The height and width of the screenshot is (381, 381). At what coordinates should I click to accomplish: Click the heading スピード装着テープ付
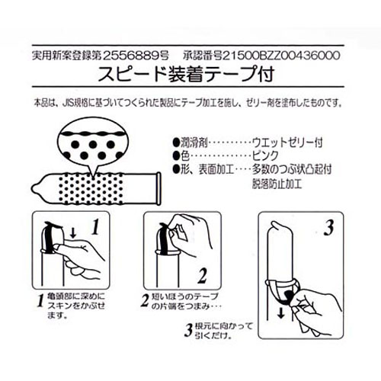(186, 74)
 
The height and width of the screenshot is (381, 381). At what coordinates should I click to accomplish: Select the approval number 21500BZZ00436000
(281, 56)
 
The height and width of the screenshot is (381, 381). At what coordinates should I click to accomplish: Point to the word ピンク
(265, 155)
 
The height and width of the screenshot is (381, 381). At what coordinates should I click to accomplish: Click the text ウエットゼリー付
(287, 142)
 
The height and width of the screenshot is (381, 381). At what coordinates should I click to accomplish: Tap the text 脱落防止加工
(277, 184)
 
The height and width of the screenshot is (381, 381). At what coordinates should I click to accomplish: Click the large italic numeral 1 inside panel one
(95, 227)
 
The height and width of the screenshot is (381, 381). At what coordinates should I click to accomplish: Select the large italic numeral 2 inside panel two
(203, 275)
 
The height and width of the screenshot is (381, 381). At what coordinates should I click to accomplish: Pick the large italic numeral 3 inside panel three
(328, 228)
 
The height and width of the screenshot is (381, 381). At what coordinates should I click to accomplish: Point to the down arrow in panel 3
(280, 313)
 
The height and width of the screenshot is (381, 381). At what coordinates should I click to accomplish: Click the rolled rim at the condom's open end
(158, 188)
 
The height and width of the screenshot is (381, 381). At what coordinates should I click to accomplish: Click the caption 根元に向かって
(224, 326)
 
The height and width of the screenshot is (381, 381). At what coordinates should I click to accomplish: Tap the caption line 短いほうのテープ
(185, 296)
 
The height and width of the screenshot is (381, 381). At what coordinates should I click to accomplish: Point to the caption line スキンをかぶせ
(76, 306)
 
